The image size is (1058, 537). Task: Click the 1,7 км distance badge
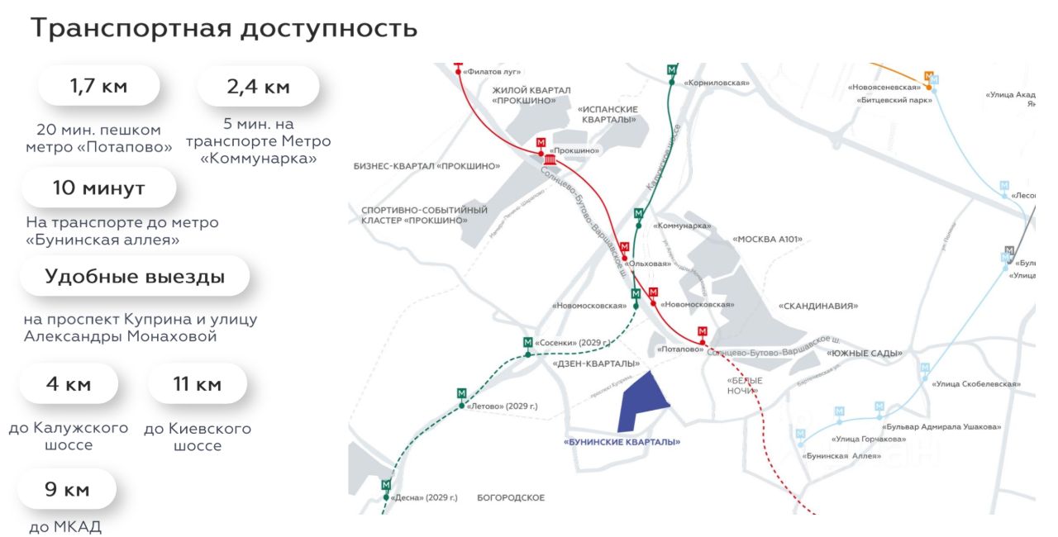(x=98, y=85)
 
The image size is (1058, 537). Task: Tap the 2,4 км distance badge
(x=258, y=86)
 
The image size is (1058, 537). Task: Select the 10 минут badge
(x=98, y=188)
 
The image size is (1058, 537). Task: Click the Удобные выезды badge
(x=135, y=276)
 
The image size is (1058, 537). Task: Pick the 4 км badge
(x=69, y=383)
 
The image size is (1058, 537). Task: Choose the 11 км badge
(x=197, y=383)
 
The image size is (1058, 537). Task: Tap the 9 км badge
(x=66, y=489)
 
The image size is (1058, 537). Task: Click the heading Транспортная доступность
(x=224, y=28)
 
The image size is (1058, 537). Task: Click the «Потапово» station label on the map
(x=679, y=349)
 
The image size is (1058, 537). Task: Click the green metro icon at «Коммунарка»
(x=638, y=214)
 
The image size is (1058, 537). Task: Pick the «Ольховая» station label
(x=647, y=264)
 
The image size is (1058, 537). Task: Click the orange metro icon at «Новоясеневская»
(x=928, y=76)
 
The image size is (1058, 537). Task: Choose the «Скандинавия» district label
(x=817, y=305)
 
